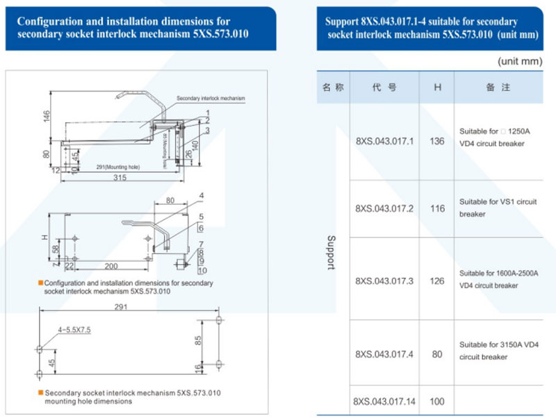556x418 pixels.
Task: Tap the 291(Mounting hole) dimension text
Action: [120, 167]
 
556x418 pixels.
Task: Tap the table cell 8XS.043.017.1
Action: [384, 141]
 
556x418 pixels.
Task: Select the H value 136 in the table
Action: [437, 141]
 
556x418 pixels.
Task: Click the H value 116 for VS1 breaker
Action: [437, 208]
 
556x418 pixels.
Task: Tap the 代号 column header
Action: [384, 87]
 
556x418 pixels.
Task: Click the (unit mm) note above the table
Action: [519, 61]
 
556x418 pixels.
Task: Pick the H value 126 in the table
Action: [437, 281]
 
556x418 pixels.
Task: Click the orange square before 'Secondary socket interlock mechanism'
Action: [40, 393]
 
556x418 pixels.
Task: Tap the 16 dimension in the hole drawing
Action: [199, 367]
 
